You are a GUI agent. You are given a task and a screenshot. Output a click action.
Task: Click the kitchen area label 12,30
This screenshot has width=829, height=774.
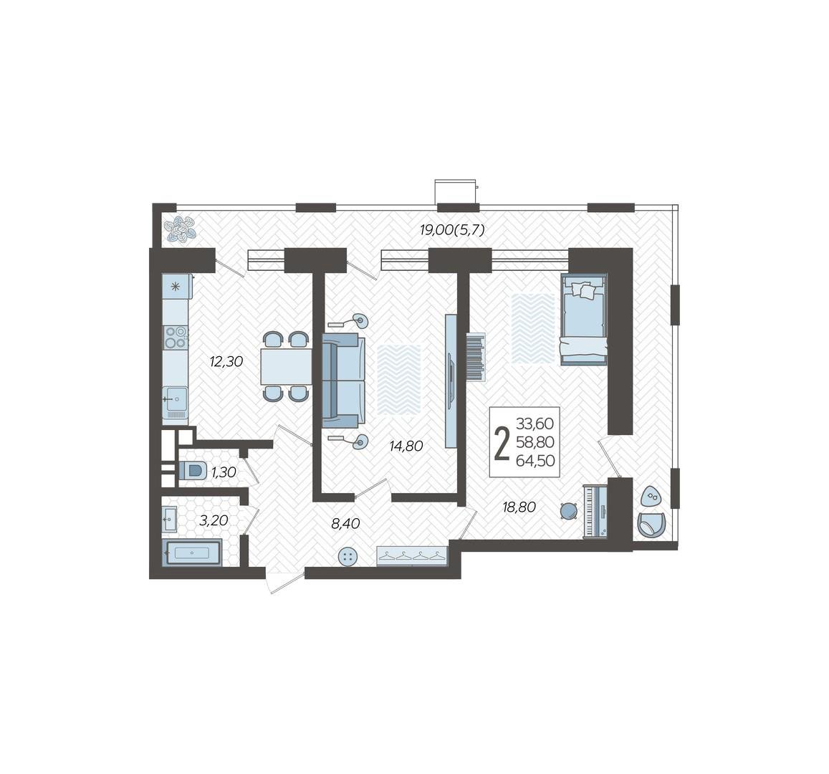(226, 362)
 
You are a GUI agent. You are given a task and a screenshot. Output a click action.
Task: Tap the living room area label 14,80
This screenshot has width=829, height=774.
(406, 446)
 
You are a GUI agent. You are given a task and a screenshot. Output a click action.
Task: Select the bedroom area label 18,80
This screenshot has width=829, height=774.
(519, 507)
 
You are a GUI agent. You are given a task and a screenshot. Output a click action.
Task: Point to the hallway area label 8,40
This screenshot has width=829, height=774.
(345, 524)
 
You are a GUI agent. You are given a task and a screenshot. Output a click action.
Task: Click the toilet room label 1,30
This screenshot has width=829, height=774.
(224, 472)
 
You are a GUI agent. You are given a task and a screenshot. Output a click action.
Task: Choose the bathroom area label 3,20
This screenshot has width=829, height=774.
(214, 520)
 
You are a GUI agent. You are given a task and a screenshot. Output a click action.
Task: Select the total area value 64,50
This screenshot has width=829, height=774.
(535, 461)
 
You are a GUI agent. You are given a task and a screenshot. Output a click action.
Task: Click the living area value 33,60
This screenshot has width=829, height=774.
(535, 424)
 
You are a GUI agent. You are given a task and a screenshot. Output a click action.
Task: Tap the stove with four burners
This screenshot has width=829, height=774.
(176, 337)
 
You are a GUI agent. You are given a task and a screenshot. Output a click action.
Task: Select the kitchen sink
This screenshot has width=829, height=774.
(175, 398)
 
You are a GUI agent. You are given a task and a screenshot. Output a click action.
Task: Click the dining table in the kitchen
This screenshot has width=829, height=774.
(286, 366)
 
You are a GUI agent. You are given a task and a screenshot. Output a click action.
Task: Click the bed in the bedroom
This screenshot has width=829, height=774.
(583, 319)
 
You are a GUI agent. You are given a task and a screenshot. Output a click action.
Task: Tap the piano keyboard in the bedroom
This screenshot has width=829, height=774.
(595, 511)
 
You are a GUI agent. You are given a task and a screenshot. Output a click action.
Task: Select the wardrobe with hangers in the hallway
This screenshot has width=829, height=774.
(412, 555)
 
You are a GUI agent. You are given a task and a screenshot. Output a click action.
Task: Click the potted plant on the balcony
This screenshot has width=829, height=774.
(181, 229)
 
